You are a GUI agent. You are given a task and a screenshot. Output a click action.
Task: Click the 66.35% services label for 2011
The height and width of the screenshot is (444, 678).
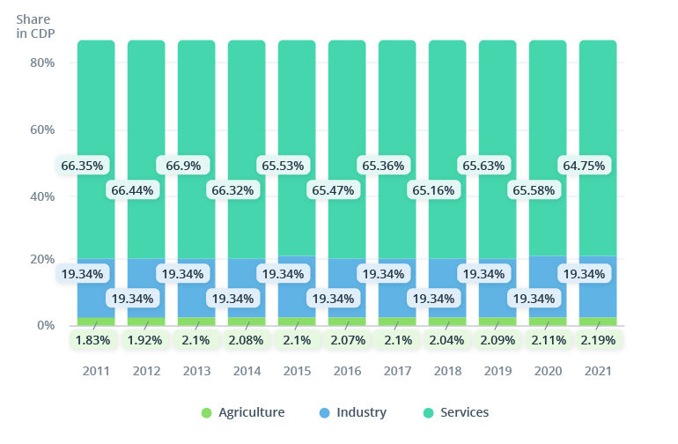tap(82, 165)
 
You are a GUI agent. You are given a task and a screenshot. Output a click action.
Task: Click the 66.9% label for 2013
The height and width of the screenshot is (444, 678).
tap(182, 165)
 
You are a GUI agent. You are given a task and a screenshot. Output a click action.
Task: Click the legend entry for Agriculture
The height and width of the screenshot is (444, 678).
tap(242, 412)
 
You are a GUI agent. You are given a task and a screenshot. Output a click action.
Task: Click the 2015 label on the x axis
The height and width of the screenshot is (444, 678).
tap(297, 371)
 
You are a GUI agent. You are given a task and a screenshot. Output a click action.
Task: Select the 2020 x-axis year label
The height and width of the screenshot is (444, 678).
tap(548, 371)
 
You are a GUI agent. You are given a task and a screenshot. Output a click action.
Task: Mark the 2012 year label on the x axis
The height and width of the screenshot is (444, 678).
tap(146, 371)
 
